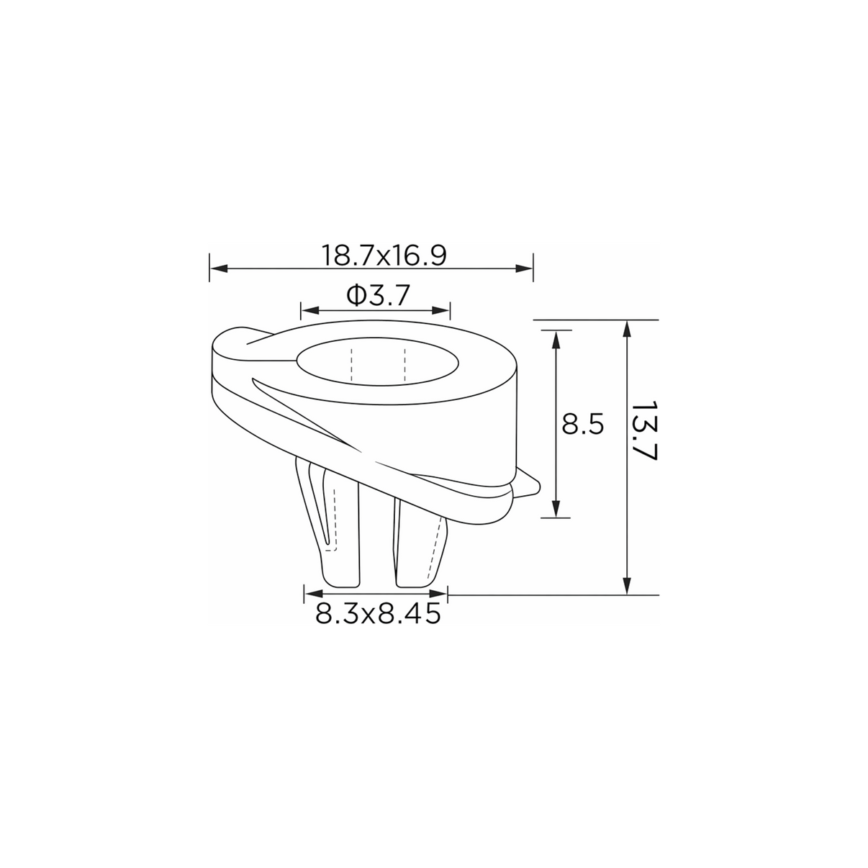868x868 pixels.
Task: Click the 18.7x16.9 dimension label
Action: coord(384,256)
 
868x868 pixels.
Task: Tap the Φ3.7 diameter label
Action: coord(378,296)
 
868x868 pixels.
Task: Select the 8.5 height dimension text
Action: coord(582,424)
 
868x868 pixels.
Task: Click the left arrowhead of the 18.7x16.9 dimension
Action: coord(219,269)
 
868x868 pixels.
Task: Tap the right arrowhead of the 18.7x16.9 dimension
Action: coord(524,269)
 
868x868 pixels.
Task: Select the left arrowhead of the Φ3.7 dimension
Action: coord(310,310)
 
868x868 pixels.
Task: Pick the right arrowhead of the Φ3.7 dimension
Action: coord(440,310)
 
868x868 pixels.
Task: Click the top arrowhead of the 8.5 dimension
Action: coord(556,340)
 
